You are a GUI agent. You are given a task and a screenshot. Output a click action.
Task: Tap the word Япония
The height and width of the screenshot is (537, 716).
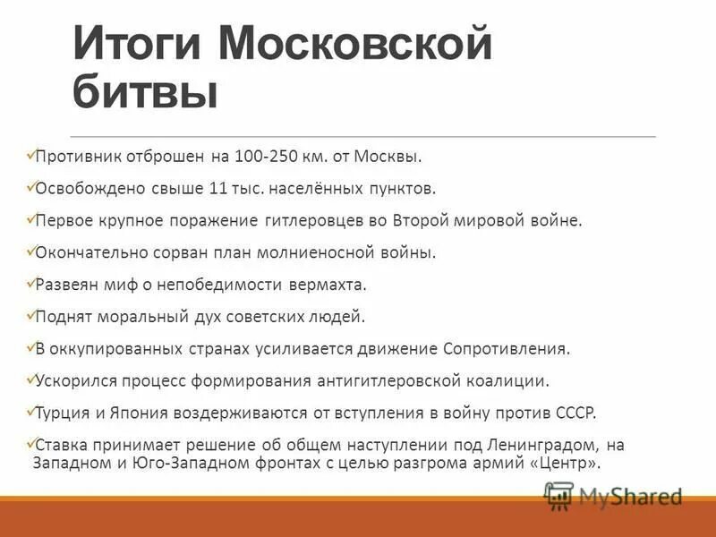pos(125,413)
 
